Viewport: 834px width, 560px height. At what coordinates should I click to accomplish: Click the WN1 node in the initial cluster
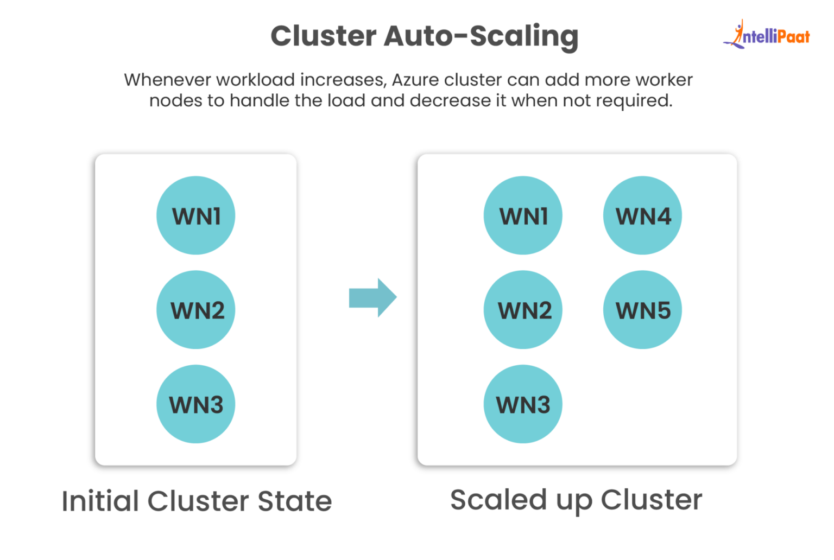(195, 215)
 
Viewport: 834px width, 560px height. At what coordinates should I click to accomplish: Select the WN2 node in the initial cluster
(195, 310)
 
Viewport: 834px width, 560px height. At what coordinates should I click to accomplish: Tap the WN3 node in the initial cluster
(195, 404)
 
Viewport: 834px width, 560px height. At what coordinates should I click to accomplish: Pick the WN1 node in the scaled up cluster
(523, 215)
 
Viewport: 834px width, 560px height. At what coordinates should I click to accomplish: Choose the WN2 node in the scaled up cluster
(523, 310)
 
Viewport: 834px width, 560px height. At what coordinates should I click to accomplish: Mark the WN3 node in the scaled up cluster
(523, 404)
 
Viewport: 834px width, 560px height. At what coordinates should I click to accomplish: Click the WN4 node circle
(642, 215)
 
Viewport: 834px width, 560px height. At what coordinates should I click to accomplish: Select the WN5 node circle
(642, 310)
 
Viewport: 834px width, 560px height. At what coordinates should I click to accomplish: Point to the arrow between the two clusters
(373, 297)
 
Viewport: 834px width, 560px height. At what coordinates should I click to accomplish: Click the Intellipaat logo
(767, 35)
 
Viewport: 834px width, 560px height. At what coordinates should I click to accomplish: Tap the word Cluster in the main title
(324, 36)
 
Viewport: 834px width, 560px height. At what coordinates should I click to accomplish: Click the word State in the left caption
(294, 501)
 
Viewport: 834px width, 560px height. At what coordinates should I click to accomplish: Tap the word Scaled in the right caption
(498, 500)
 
